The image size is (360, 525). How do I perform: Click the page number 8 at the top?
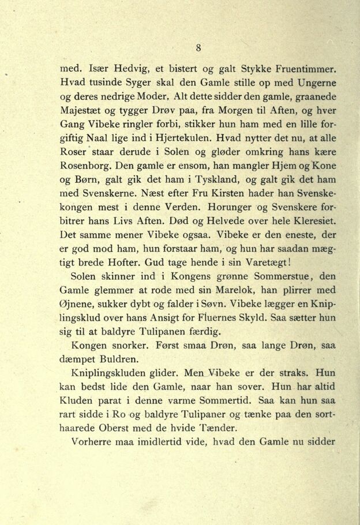tap(198, 48)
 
